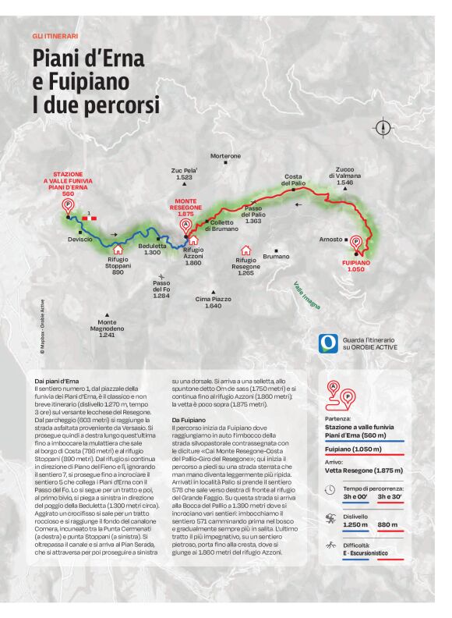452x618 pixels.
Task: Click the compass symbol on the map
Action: (x=383, y=127)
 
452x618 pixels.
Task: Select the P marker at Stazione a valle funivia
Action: (x=68, y=205)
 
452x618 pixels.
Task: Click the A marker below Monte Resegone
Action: (x=185, y=225)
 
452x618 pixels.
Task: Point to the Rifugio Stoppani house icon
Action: (x=118, y=249)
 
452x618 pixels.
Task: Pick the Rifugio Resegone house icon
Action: (x=246, y=250)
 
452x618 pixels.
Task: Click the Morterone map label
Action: (x=225, y=156)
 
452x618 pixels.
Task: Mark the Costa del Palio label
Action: (x=293, y=179)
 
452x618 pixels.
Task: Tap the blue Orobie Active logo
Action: (x=328, y=343)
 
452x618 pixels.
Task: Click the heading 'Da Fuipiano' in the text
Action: (x=189, y=421)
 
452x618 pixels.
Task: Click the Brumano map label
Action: (x=277, y=256)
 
